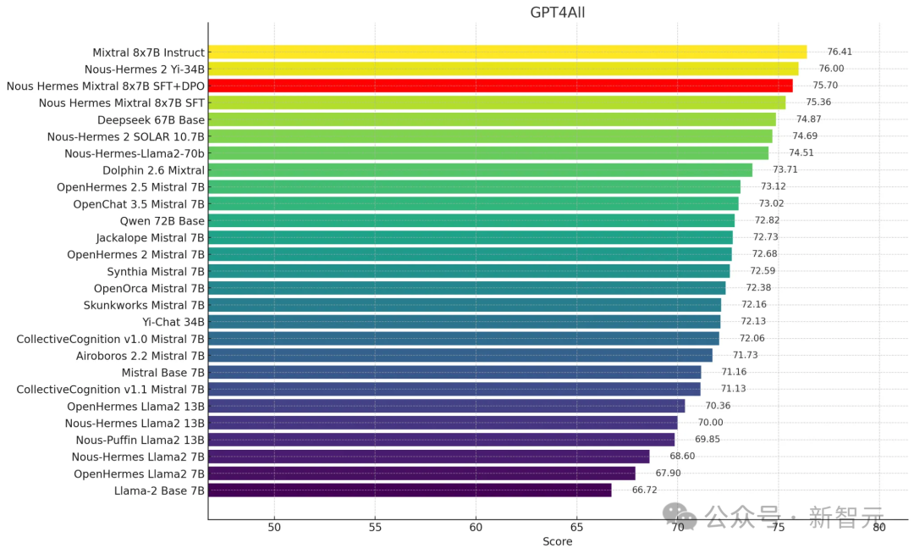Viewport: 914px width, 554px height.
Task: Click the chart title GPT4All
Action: (557, 12)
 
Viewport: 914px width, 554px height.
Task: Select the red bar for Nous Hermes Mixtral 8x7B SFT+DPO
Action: (500, 86)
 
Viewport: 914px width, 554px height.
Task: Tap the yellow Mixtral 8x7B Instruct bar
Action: (507, 53)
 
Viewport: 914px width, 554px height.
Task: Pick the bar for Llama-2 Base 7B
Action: (410, 490)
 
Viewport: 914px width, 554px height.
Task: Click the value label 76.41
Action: (840, 52)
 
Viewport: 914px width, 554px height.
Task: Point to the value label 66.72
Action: (644, 490)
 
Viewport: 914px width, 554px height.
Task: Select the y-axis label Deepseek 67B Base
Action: (151, 119)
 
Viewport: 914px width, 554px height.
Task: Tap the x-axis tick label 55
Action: (375, 527)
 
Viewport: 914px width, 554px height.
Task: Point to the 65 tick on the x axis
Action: (576, 527)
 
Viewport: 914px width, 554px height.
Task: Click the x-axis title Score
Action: (558, 542)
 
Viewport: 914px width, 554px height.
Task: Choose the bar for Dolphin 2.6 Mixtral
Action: (480, 169)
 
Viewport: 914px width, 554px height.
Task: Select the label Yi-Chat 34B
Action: (173, 322)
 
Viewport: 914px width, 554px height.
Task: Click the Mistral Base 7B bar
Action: (454, 372)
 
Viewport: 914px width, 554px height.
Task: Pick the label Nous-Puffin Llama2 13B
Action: (140, 440)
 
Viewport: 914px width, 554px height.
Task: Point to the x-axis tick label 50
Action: (274, 527)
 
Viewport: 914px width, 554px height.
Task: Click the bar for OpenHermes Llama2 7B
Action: (421, 473)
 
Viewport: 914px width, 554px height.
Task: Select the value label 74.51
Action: (801, 152)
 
